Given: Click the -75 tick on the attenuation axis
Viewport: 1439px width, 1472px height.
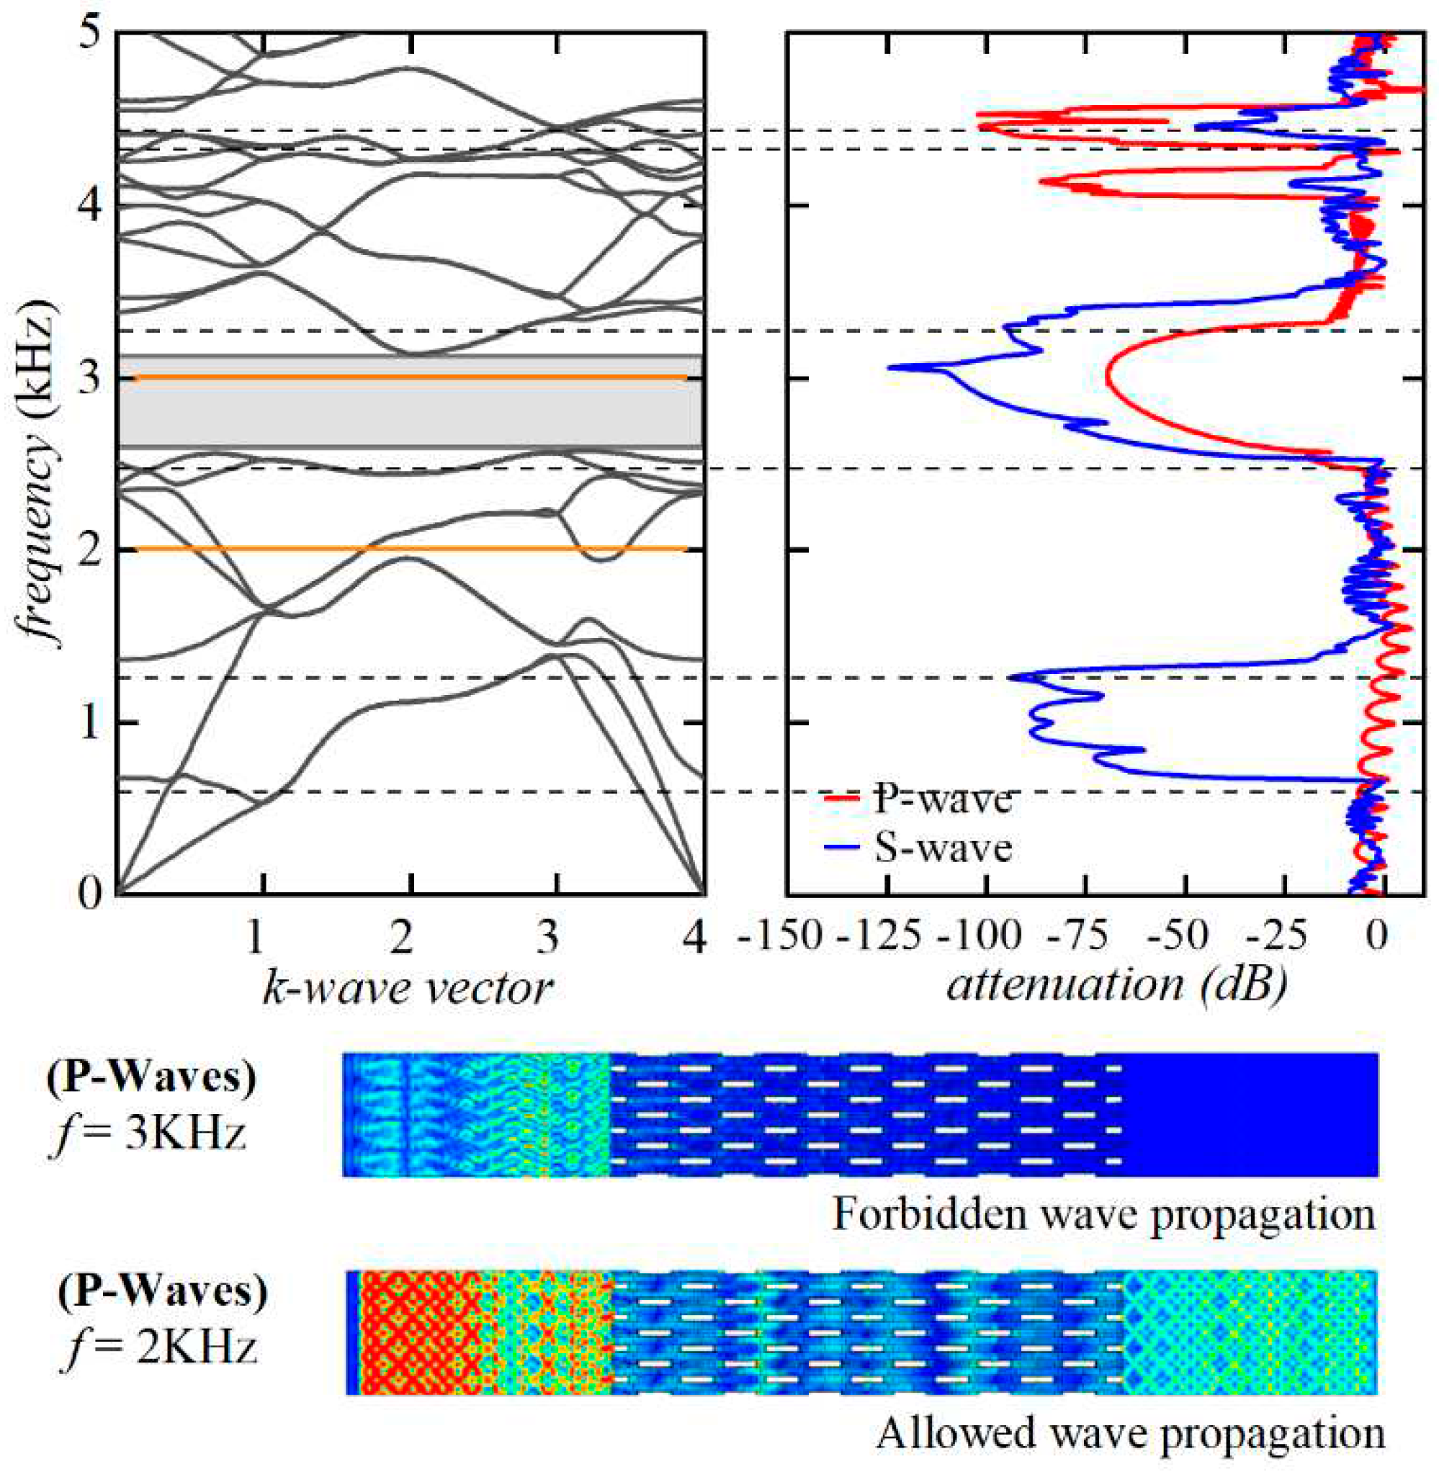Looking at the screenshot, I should click(x=1083, y=936).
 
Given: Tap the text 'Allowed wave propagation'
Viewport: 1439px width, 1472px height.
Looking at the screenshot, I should click(x=1130, y=1433).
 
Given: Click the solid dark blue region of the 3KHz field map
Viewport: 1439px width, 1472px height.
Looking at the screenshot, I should click(x=1247, y=1114).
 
